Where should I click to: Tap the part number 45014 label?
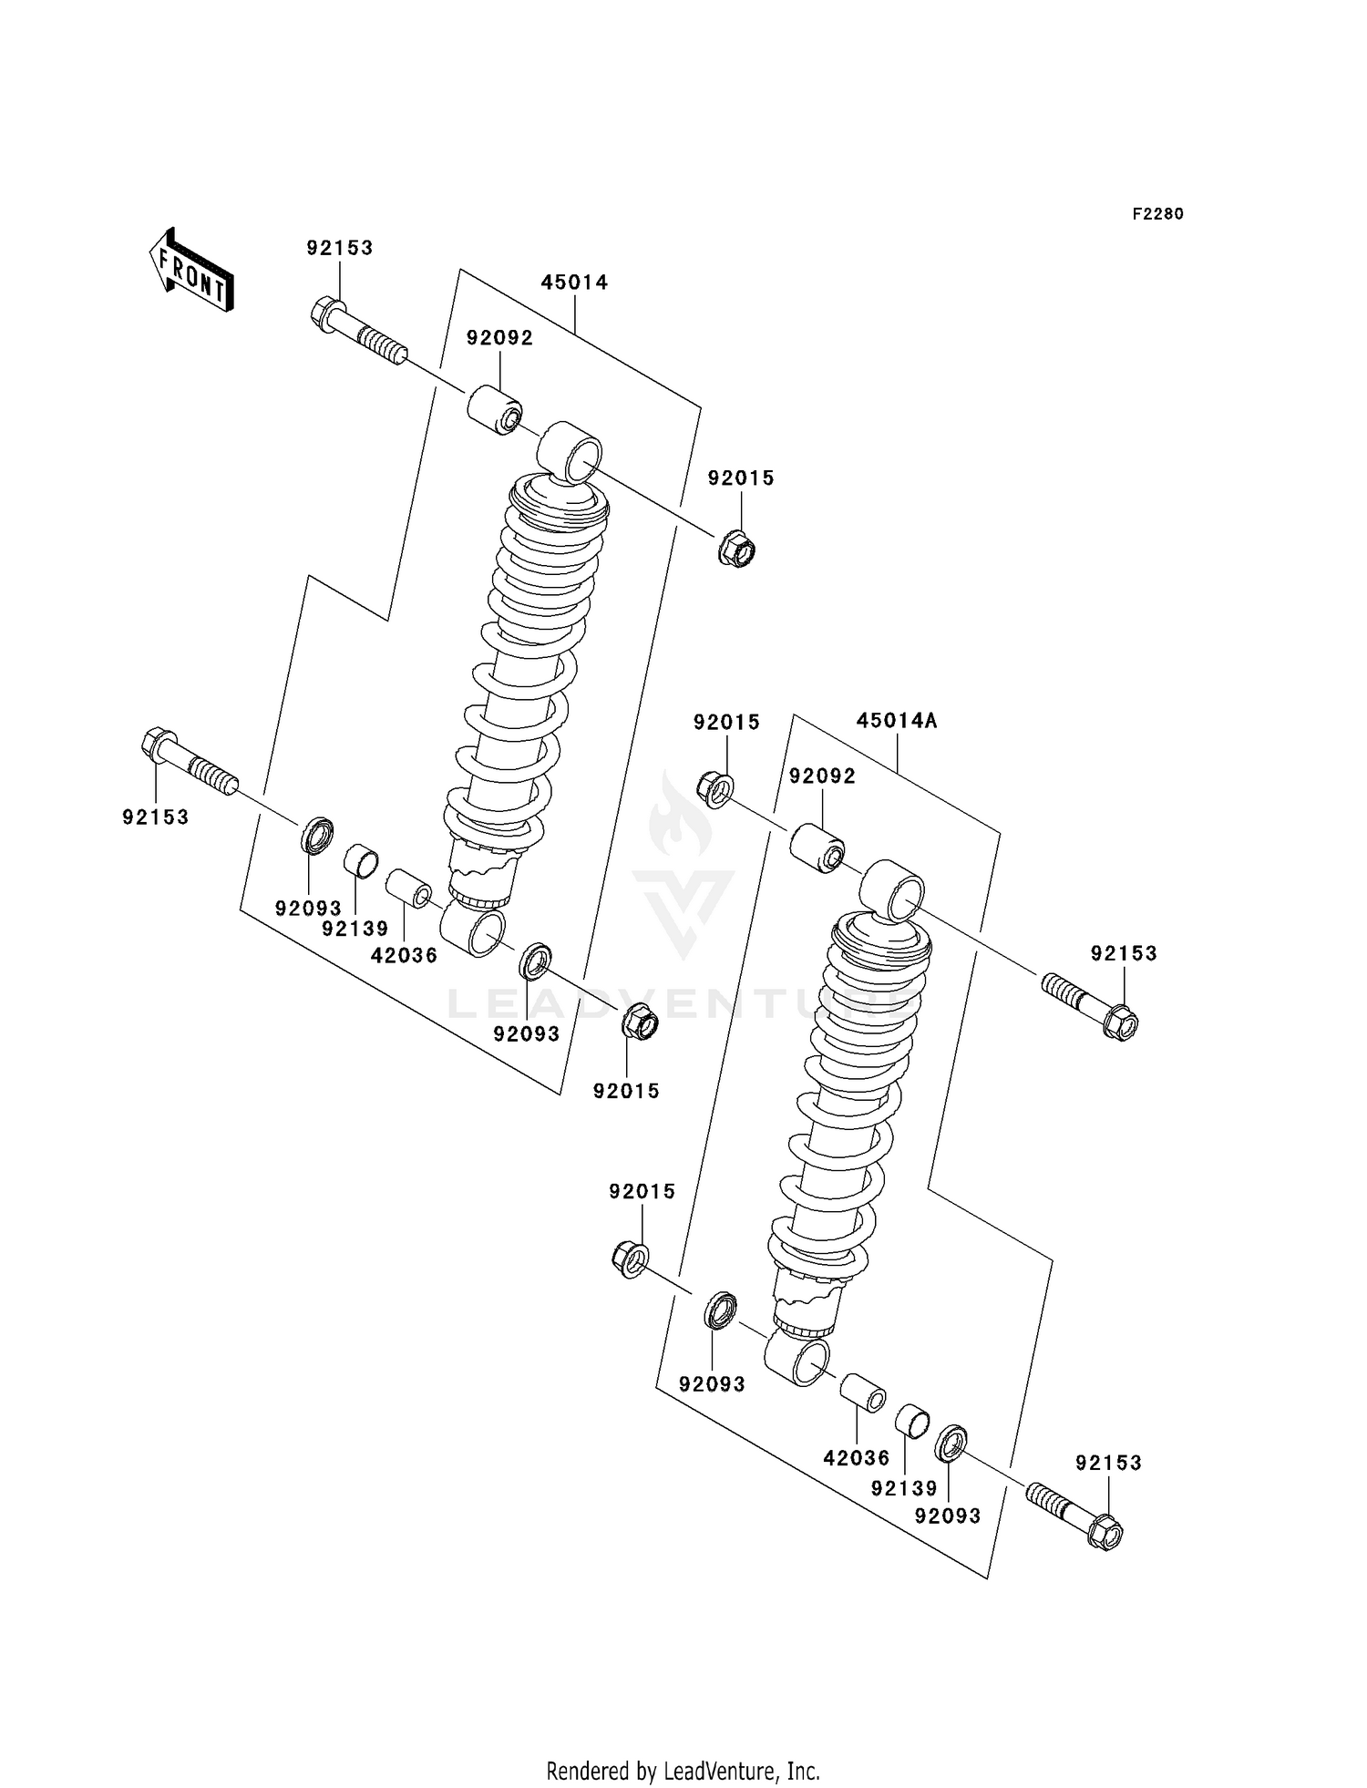[x=574, y=283]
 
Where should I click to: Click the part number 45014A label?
[x=896, y=721]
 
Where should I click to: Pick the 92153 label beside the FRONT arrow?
[x=339, y=248]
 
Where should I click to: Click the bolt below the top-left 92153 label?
[x=358, y=334]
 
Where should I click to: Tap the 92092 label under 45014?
[x=499, y=338]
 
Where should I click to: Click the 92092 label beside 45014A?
[x=822, y=776]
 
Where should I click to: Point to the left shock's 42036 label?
[x=404, y=955]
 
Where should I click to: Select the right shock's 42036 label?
[x=856, y=1458]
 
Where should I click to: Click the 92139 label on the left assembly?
[x=355, y=929]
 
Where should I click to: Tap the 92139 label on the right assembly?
[x=903, y=1488]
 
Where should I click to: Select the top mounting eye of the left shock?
[x=571, y=451]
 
